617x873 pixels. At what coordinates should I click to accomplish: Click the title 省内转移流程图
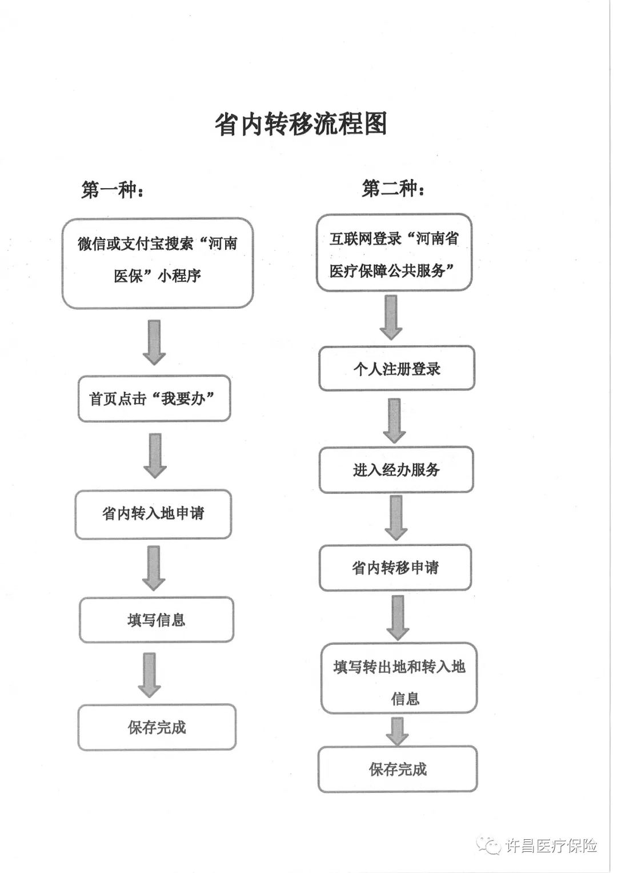(x=301, y=124)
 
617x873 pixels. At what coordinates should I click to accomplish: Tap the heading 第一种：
(x=112, y=190)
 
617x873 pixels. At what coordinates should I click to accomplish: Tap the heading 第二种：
(x=392, y=189)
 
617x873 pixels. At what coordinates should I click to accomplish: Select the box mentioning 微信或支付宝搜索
(x=157, y=264)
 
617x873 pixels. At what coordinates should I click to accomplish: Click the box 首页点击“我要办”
(x=154, y=398)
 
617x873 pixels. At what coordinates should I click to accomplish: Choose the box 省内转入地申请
(x=154, y=515)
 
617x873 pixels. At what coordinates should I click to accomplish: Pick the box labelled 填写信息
(x=157, y=620)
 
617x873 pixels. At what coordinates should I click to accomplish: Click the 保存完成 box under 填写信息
(x=157, y=727)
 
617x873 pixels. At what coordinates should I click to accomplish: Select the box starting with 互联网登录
(x=394, y=253)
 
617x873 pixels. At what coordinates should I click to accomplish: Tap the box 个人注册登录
(x=397, y=368)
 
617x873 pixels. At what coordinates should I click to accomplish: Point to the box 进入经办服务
(x=396, y=469)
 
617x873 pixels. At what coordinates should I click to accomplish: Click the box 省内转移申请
(x=395, y=568)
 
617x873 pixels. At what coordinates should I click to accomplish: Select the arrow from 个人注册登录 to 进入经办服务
(x=395, y=421)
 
